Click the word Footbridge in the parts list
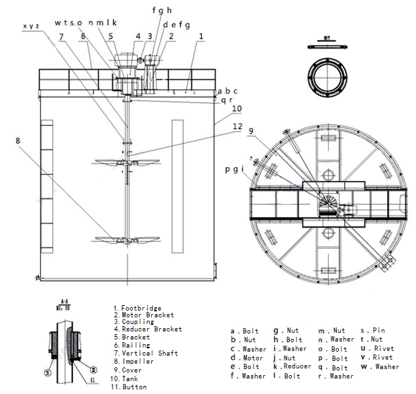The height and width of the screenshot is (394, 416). pos(142,308)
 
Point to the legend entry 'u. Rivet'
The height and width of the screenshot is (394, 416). pos(378,349)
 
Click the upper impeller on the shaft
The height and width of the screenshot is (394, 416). pos(126,161)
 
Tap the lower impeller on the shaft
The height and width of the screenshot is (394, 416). pos(126,239)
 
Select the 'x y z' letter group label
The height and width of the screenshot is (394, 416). pos(32,26)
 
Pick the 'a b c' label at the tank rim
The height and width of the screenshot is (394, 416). pos(227,91)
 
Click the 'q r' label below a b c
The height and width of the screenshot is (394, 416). pos(227,100)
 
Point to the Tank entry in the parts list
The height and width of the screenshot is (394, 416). pos(132,379)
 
